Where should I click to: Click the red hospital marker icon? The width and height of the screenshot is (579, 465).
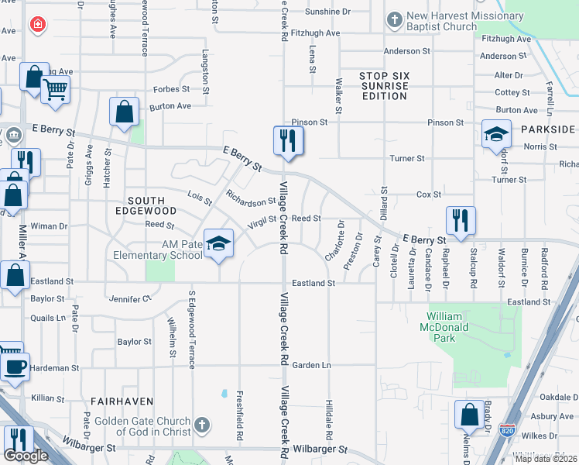coord(36,26)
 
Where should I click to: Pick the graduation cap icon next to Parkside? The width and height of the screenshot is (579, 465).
coord(496,135)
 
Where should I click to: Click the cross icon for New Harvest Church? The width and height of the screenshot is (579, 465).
coord(395,19)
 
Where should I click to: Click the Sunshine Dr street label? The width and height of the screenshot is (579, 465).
coord(327,12)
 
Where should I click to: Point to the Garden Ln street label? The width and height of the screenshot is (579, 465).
coord(310,364)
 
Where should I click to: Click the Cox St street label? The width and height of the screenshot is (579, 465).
coord(428,194)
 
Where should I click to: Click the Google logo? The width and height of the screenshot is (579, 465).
coord(26,455)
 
